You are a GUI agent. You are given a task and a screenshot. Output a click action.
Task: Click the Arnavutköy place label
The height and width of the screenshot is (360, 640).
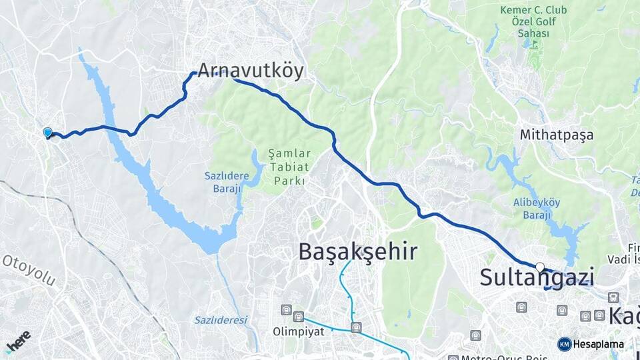250,71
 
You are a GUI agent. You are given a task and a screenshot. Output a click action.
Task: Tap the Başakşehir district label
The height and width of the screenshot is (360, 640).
357,251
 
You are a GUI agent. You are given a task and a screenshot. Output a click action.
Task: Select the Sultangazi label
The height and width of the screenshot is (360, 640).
537,278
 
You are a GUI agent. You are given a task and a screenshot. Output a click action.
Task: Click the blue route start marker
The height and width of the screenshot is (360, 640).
47,133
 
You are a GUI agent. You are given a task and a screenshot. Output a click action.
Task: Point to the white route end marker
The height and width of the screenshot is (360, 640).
540,267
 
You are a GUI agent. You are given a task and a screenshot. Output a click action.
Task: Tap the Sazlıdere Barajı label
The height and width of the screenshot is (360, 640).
226,181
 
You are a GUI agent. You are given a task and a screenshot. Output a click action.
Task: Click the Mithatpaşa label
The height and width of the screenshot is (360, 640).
557,135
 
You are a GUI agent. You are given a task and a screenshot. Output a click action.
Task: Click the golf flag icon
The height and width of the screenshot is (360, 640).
533,45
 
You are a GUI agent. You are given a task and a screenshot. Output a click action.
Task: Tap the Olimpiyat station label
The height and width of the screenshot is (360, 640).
293,331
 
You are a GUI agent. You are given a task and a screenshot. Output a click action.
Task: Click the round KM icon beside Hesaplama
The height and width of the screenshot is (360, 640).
564,344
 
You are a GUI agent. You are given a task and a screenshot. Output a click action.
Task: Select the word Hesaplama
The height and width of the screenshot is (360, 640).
598,344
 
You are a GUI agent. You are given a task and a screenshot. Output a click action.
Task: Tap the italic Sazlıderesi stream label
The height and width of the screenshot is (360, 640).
221,320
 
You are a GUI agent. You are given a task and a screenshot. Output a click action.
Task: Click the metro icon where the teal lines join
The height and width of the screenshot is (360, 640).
357,327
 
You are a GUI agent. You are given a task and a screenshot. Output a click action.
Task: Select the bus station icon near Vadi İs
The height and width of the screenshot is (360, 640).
611,297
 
